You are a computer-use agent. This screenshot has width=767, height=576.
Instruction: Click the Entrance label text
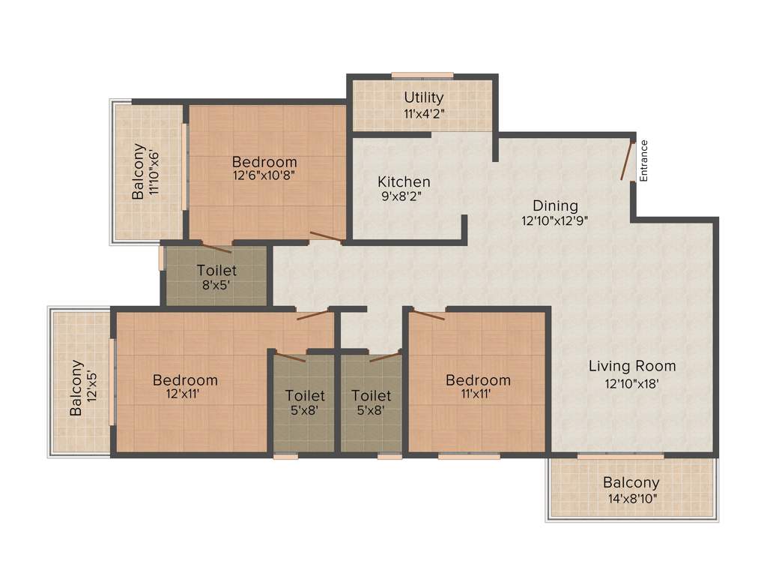643,160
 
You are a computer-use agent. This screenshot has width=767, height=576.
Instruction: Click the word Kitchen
404,181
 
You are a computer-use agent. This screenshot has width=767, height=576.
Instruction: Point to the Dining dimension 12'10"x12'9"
555,221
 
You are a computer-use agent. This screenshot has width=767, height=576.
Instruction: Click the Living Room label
631,366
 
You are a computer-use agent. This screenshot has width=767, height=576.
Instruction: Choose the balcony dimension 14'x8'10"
631,497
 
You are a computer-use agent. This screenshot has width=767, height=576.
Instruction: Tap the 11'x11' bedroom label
478,380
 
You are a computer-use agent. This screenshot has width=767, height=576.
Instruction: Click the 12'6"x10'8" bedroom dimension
264,175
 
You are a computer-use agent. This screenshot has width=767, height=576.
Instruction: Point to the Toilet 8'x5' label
216,271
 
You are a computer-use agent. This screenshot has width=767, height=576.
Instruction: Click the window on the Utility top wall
422,75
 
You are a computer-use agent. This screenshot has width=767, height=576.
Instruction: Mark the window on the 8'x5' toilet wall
161,257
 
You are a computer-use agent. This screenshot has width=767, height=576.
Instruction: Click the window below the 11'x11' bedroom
469,455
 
